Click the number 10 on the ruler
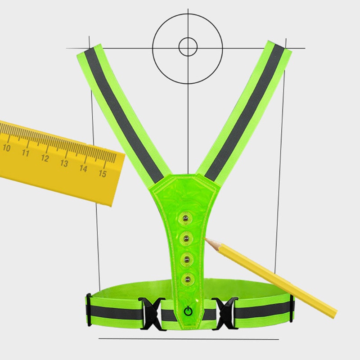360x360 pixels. (6, 148)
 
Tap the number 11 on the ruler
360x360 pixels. (26, 153)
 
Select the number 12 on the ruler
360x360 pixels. (45, 158)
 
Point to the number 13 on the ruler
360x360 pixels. (64, 163)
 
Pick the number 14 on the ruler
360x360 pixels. (83, 168)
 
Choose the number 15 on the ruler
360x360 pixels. (103, 174)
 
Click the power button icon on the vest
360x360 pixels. (188, 311)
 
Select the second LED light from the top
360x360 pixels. (186, 239)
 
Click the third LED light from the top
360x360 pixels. (187, 260)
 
